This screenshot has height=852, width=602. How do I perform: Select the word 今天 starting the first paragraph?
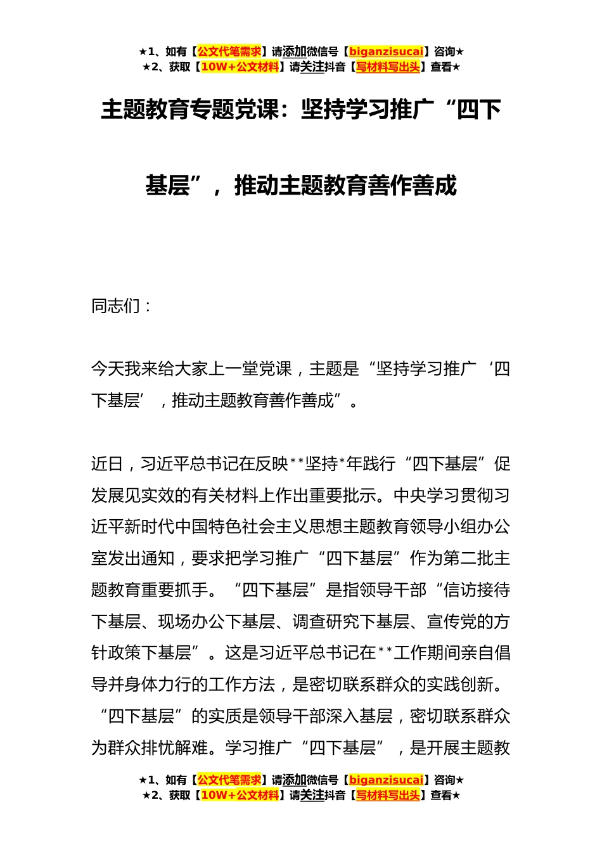(108, 369)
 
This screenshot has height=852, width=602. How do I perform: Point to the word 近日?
(108, 464)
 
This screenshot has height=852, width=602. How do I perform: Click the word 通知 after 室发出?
(158, 558)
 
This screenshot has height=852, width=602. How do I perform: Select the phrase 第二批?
(468, 558)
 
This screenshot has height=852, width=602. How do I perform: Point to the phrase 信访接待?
(477, 590)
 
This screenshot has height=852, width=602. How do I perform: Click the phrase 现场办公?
(191, 622)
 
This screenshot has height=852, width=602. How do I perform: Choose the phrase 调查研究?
(325, 622)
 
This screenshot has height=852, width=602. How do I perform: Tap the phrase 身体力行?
(158, 685)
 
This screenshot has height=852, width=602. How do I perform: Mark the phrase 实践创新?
(459, 685)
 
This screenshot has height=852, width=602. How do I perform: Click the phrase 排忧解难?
(174, 748)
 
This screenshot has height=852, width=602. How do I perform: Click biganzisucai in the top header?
(386, 52)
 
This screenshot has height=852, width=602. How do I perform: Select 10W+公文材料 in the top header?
(240, 67)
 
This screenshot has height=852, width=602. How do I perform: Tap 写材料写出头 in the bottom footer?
(387, 795)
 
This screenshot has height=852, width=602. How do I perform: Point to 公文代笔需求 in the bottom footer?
(229, 780)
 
